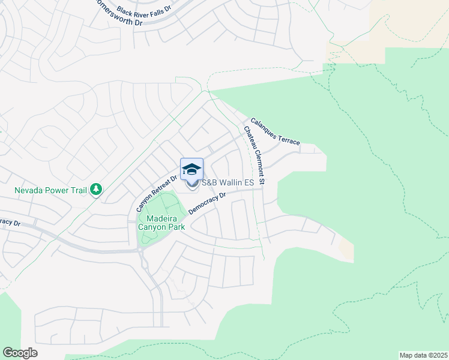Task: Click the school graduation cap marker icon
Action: pos(192,169)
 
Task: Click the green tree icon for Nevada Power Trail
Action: pos(96,190)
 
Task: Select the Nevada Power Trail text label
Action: pos(51,190)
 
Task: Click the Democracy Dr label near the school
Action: pos(206,203)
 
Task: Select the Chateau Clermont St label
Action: pos(253,155)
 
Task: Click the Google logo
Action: pos(20,353)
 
